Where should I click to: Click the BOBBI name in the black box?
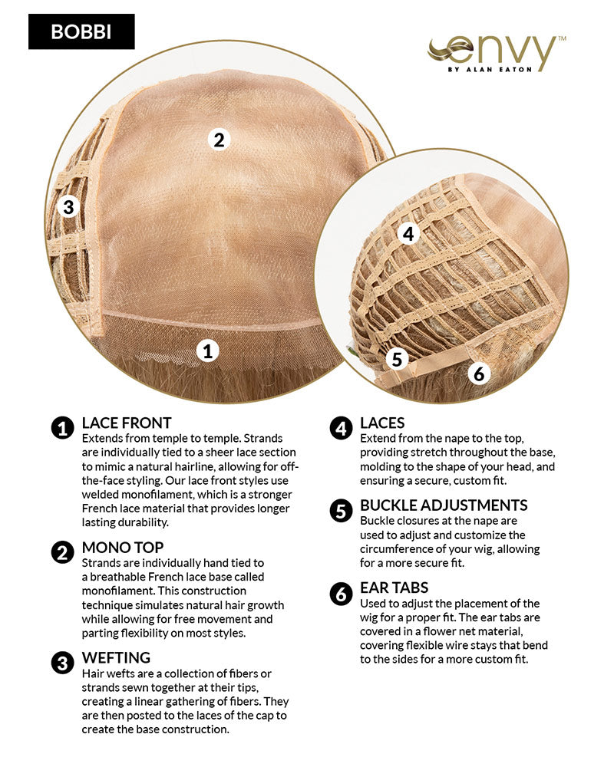[x=81, y=31]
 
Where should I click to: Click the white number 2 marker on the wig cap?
[x=219, y=140]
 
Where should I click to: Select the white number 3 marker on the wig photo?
[x=68, y=207]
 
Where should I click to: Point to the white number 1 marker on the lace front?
[x=207, y=351]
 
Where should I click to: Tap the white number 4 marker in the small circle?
[x=408, y=234]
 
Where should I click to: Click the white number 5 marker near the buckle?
[x=397, y=359]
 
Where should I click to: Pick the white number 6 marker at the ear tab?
[x=478, y=374]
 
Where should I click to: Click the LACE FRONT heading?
[x=127, y=423]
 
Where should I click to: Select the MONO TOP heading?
[x=122, y=548]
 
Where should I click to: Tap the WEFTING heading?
[x=116, y=657]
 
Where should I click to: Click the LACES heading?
[x=382, y=423]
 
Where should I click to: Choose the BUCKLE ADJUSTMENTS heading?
[x=444, y=505]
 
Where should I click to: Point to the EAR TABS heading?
[x=394, y=587]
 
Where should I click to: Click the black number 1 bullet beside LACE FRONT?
[x=63, y=429]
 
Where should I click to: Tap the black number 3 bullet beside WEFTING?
[x=63, y=663]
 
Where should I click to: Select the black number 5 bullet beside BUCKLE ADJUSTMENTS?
[x=341, y=511]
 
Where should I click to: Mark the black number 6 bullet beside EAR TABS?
[x=341, y=594]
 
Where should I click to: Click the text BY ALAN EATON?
[x=490, y=70]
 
